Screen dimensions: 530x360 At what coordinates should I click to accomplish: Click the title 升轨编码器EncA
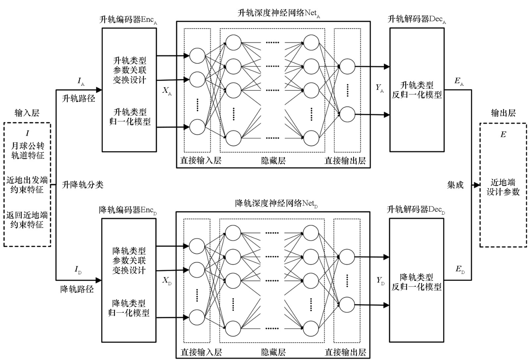point(128,20)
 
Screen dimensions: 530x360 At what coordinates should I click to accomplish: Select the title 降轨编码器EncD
point(128,210)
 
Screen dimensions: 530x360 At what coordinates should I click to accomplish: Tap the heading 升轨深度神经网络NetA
point(279,13)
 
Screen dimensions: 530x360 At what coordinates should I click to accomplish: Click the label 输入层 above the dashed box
point(27,113)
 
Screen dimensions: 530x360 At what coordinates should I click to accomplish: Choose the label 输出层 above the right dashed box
point(503,113)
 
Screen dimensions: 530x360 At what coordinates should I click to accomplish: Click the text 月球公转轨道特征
point(28,151)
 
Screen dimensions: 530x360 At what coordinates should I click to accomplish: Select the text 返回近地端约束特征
point(27,220)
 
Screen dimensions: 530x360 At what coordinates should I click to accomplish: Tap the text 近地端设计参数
point(503,187)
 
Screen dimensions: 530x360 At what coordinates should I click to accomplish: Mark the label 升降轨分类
point(82,185)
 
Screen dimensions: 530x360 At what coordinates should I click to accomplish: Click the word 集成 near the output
point(455,185)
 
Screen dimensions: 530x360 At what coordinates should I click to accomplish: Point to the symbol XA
point(167,91)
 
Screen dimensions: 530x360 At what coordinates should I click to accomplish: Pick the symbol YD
point(381,281)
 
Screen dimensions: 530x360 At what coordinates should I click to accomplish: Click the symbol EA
point(459,81)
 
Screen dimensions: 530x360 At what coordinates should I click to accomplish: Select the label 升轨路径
point(79,98)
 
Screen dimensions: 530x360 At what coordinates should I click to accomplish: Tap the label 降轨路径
point(77,289)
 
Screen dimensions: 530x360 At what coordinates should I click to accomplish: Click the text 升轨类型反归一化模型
point(417,90)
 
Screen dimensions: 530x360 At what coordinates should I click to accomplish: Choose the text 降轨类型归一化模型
point(129,308)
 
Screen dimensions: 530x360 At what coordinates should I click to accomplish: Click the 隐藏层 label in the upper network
point(273,161)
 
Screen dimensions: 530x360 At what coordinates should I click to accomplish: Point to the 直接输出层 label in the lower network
point(345,352)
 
